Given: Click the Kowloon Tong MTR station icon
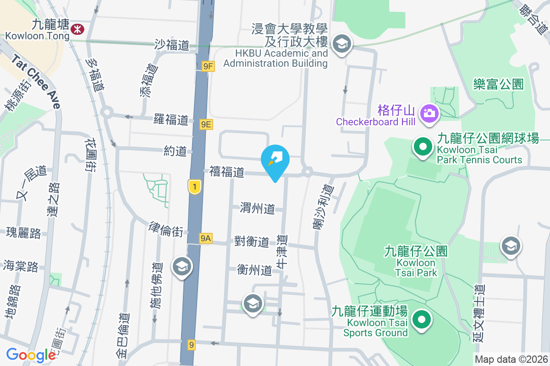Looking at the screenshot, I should pyautogui.click(x=77, y=29).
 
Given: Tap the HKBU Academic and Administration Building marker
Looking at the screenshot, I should pyautogui.click(x=341, y=45).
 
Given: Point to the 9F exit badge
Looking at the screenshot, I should pyautogui.click(x=208, y=67).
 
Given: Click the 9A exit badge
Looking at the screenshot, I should pyautogui.click(x=206, y=238).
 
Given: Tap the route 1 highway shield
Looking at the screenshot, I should pyautogui.click(x=195, y=186).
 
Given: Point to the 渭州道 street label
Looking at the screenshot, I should pyautogui.click(x=258, y=209).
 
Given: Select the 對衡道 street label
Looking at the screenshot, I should pyautogui.click(x=251, y=241).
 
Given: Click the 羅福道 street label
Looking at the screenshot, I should pyautogui.click(x=170, y=120).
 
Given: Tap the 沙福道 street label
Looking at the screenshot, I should pyautogui.click(x=172, y=45).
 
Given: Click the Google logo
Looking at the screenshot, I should pyautogui.click(x=31, y=355).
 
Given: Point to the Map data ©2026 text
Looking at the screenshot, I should pyautogui.click(x=511, y=359).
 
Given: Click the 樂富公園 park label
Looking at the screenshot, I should pyautogui.click(x=499, y=84).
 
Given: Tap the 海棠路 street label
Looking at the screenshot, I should pyautogui.click(x=21, y=266).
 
